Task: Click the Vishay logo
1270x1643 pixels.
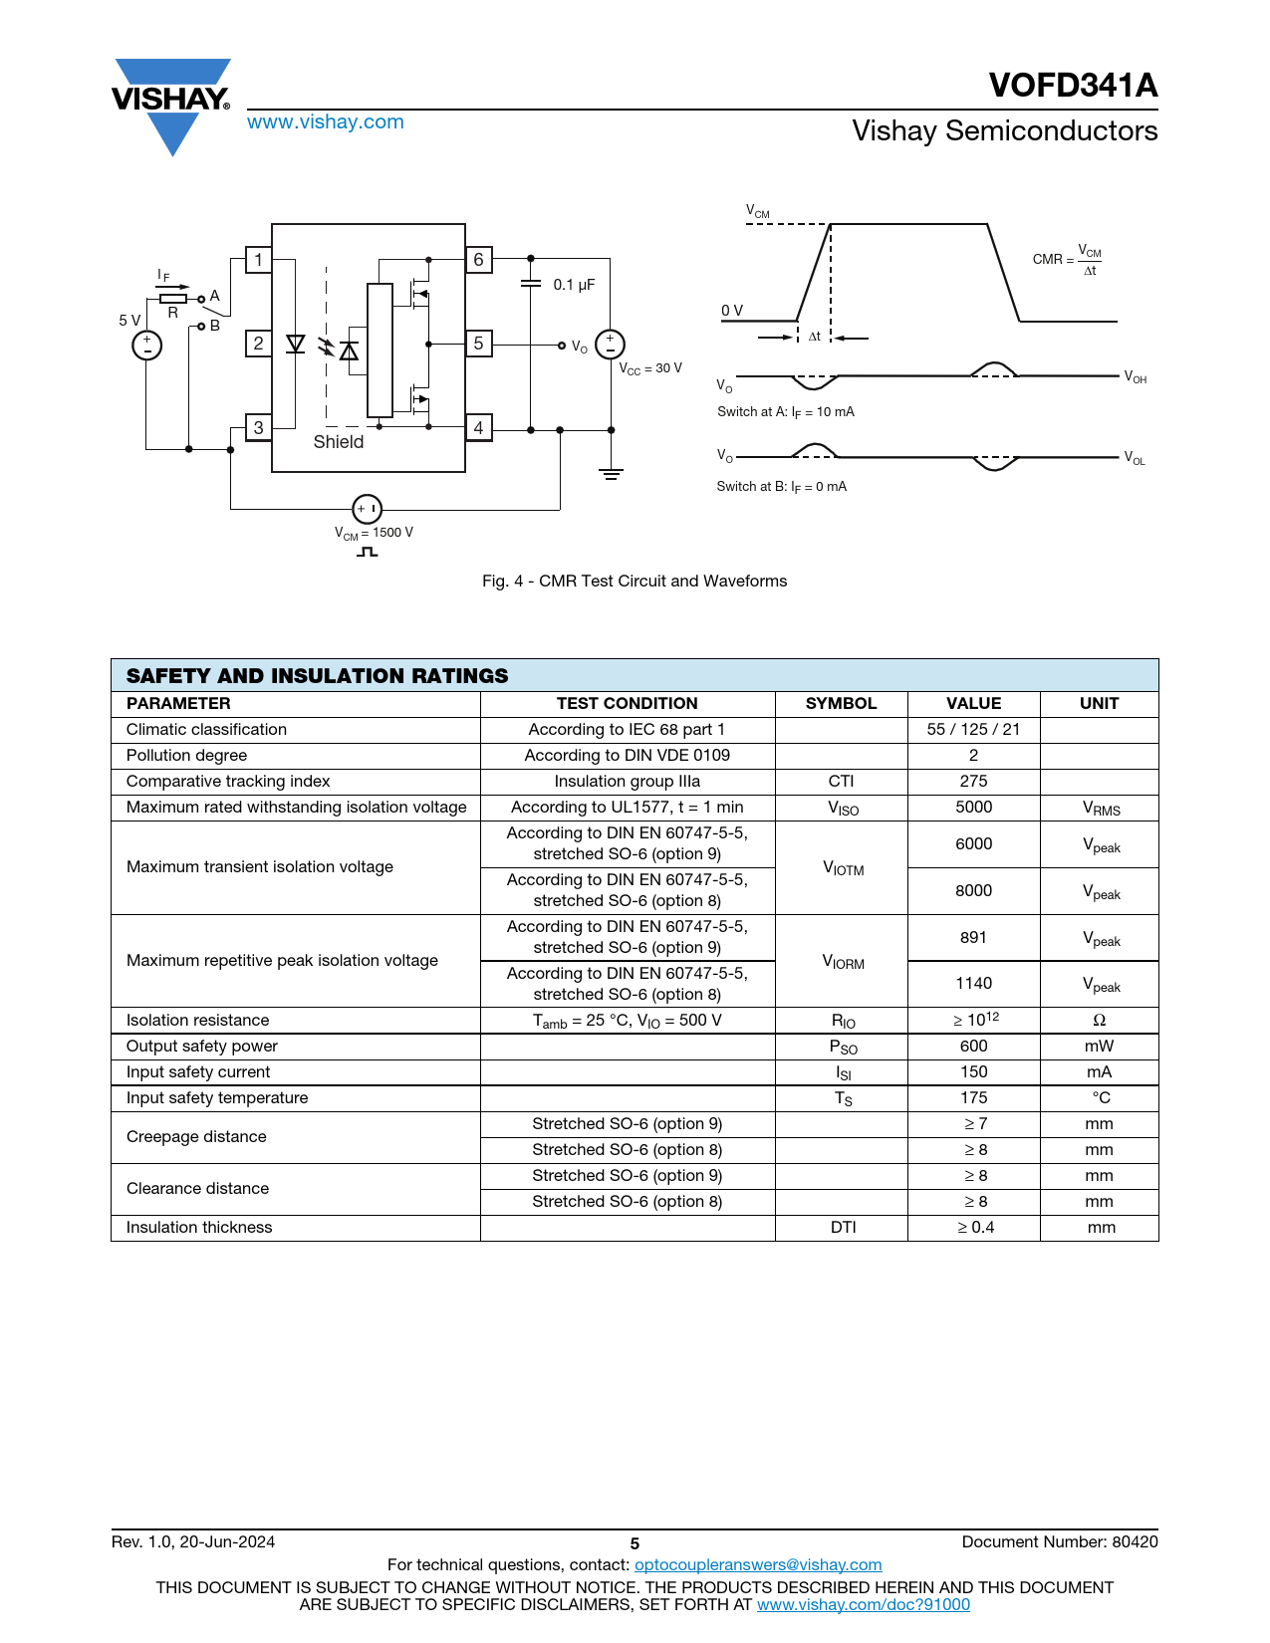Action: (x=171, y=104)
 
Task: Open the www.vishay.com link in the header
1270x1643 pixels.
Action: (x=326, y=121)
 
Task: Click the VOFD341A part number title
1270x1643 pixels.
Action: (x=1073, y=86)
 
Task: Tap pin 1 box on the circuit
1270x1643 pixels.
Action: (x=258, y=260)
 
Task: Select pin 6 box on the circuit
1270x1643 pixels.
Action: (x=478, y=260)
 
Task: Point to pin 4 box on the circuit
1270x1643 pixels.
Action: (x=478, y=428)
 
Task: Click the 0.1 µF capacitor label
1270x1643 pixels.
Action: (x=574, y=285)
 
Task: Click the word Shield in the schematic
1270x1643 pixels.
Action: (x=339, y=442)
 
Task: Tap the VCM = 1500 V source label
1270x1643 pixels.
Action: (x=374, y=533)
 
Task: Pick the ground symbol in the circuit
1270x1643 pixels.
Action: (x=611, y=474)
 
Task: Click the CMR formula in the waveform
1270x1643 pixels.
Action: (x=1067, y=260)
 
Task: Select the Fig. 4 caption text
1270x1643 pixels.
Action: (x=635, y=581)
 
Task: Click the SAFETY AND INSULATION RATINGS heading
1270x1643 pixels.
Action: (x=317, y=676)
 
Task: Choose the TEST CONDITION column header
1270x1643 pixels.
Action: (x=627, y=703)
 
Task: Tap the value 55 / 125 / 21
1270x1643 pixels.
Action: (x=973, y=729)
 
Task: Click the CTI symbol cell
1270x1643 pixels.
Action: (x=841, y=781)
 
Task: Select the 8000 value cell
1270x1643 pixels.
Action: (x=973, y=890)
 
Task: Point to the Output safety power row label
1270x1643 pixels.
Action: (x=202, y=1046)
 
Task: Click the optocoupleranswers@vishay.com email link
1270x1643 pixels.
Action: (x=758, y=1564)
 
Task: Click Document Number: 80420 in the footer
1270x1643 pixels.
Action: (x=1060, y=1541)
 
